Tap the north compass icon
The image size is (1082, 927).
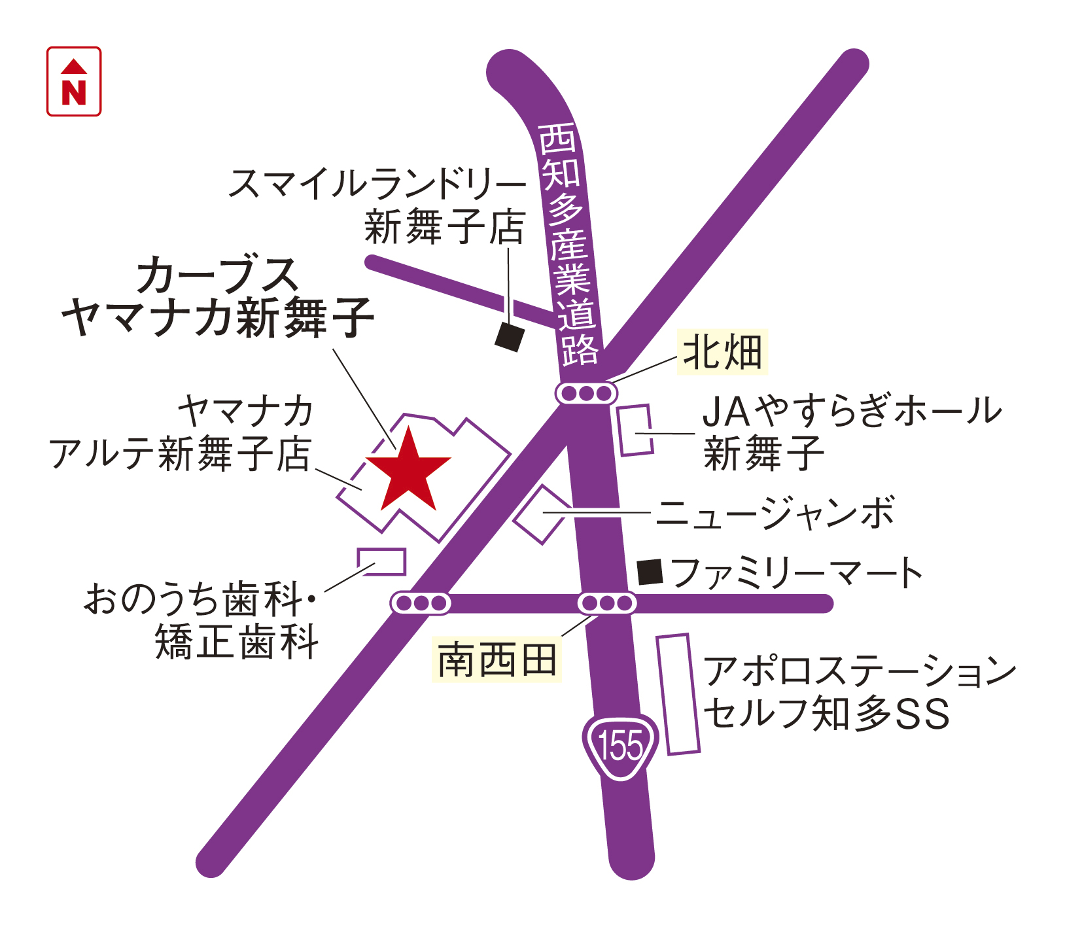pos(74,82)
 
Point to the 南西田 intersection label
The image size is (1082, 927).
pos(497,660)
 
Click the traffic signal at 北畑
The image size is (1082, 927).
pos(586,393)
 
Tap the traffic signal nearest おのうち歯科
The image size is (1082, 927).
pos(421,603)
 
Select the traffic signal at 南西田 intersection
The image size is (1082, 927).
pos(607,603)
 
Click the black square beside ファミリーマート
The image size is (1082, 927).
pos(650,572)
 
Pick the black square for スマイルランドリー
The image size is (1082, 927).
pos(510,337)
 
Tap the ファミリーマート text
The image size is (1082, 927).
pos(797,572)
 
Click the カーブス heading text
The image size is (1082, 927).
pos(217,275)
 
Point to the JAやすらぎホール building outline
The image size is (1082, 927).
pos(635,430)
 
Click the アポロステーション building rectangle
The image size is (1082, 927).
pos(678,694)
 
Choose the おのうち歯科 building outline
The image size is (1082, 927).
pos(381,561)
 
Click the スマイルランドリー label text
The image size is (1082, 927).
pos(377,184)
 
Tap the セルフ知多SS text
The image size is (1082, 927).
pos(827,713)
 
